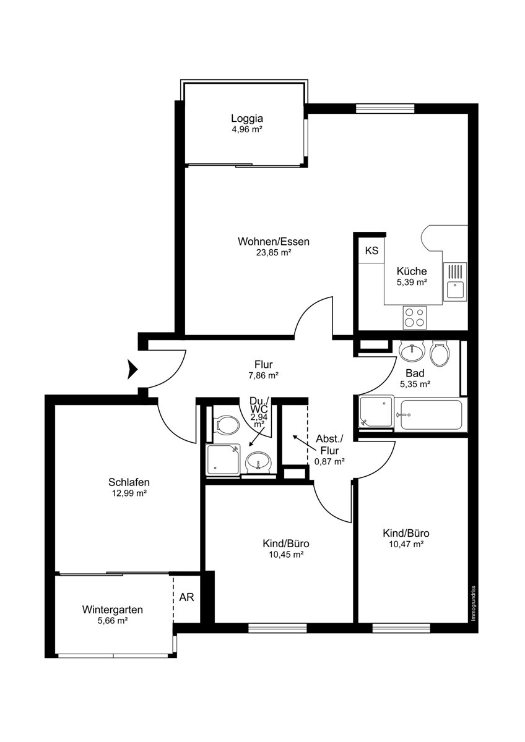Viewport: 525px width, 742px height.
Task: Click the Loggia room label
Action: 247,118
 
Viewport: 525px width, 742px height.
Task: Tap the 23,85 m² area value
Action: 273,253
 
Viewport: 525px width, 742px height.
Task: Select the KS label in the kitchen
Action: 371,250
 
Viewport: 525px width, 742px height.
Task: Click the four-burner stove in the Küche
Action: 415,317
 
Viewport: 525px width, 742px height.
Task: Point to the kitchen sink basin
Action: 454,290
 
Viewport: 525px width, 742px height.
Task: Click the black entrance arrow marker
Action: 132,369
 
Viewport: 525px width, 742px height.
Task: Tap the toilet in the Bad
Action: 440,354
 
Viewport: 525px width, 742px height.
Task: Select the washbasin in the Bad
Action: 412,351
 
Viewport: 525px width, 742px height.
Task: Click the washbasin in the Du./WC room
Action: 259,462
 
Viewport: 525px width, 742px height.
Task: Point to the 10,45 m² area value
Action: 286,555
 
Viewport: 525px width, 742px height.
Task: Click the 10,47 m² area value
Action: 407,544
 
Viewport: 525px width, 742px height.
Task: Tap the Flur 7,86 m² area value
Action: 264,376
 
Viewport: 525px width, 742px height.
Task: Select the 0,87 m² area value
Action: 329,461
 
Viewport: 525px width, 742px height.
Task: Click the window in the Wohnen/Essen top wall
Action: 385,109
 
